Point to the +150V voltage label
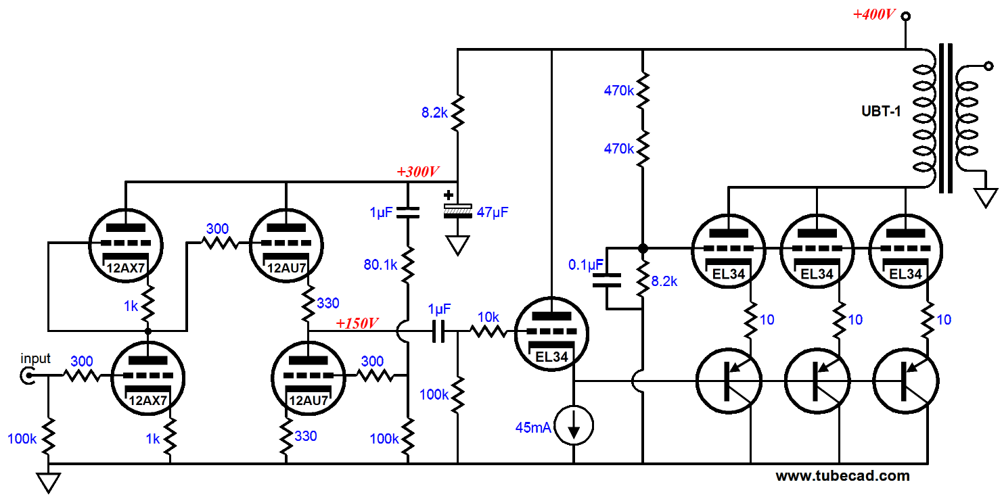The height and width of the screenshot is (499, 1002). tap(358, 323)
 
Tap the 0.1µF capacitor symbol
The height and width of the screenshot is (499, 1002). tap(606, 281)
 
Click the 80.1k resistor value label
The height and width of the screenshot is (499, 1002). tap(380, 266)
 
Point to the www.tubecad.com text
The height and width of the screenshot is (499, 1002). tap(842, 476)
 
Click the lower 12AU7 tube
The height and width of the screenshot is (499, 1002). tap(308, 377)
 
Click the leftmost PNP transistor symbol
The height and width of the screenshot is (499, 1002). tap(729, 381)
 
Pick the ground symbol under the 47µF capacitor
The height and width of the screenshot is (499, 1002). tap(458, 245)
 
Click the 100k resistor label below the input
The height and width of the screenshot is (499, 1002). tap(22, 439)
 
